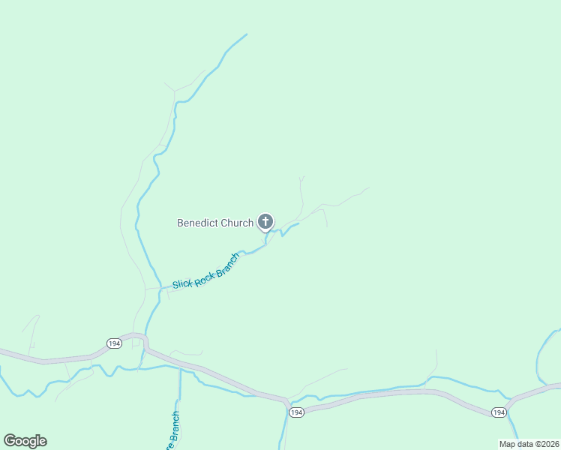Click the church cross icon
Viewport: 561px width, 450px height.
(265, 221)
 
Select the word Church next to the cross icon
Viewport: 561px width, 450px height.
(237, 223)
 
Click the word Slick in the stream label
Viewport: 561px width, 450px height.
(183, 283)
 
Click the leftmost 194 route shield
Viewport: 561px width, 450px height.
(114, 343)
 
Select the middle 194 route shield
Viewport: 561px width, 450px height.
(296, 413)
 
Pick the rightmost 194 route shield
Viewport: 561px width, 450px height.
(499, 412)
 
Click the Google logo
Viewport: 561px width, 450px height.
(25, 441)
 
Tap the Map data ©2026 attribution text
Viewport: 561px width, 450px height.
(529, 444)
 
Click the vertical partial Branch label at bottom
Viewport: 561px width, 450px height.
(173, 433)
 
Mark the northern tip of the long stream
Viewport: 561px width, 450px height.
(247, 34)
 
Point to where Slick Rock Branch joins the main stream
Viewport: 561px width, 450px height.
(160, 288)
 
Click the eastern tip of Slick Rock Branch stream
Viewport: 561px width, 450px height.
(298, 223)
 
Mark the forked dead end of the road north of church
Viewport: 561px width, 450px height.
(301, 178)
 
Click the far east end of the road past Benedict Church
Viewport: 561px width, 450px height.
(369, 188)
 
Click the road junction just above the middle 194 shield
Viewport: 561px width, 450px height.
(287, 401)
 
